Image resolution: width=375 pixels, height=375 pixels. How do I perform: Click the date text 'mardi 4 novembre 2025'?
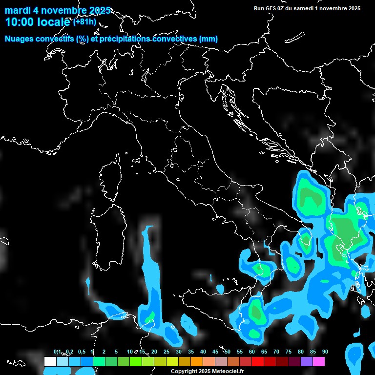pos(58,10)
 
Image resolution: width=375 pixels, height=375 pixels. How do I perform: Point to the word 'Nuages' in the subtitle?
pos(20,39)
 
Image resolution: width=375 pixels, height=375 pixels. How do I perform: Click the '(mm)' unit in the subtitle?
pos(208,39)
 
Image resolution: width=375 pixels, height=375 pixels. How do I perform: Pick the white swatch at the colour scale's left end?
pos(50,362)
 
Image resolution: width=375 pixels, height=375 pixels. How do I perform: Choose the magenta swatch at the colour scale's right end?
pos(319,362)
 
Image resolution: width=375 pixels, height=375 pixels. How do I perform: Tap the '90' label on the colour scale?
pos(325,352)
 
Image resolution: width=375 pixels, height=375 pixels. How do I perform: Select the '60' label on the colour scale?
pos(252,352)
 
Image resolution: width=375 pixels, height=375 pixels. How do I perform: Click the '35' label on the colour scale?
pos(191,352)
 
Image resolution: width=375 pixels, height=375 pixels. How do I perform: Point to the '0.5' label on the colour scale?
pos(81,352)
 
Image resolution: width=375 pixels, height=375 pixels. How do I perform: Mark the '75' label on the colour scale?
pos(289,352)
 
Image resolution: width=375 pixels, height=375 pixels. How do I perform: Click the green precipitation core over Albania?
pos(311,198)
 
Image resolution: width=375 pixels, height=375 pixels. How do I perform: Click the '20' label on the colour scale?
pos(154,352)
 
